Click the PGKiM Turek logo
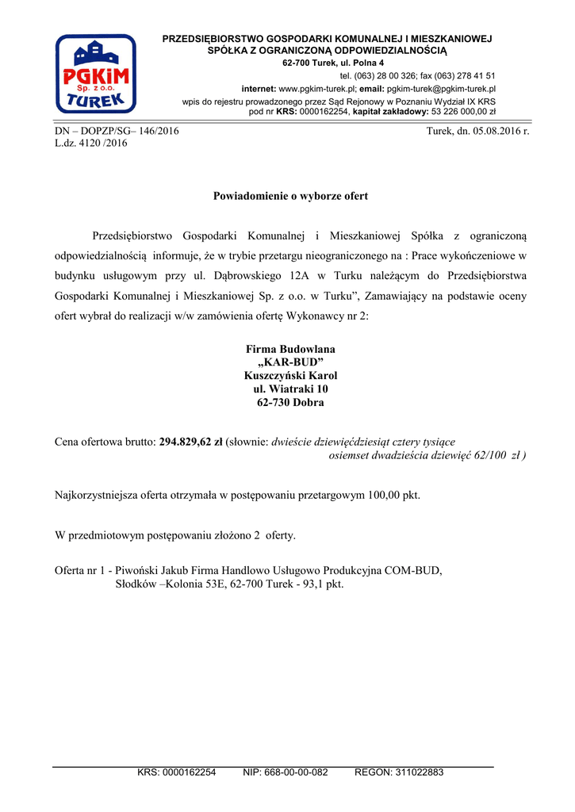95,74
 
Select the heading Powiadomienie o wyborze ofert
290,196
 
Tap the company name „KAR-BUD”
290,362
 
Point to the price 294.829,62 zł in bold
191,442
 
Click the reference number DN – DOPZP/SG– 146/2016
117,131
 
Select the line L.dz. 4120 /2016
90,144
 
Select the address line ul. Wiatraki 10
290,389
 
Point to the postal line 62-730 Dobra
290,403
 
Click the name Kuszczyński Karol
290,376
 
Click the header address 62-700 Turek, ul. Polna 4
333,63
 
